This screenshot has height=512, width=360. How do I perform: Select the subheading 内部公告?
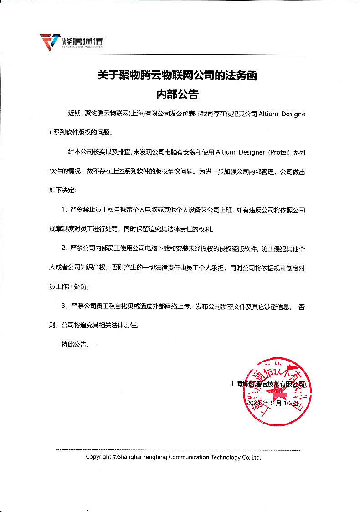click(x=177, y=95)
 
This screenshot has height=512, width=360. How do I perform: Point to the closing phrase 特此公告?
click(x=75, y=345)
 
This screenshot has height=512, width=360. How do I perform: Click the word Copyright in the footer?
click(x=98, y=457)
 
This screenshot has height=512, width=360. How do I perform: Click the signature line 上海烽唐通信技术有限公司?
click(x=268, y=384)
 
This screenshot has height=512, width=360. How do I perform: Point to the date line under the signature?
click(x=272, y=403)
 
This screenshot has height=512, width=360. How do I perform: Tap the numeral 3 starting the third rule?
click(x=64, y=306)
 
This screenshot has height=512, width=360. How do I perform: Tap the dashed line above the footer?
click(x=178, y=450)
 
